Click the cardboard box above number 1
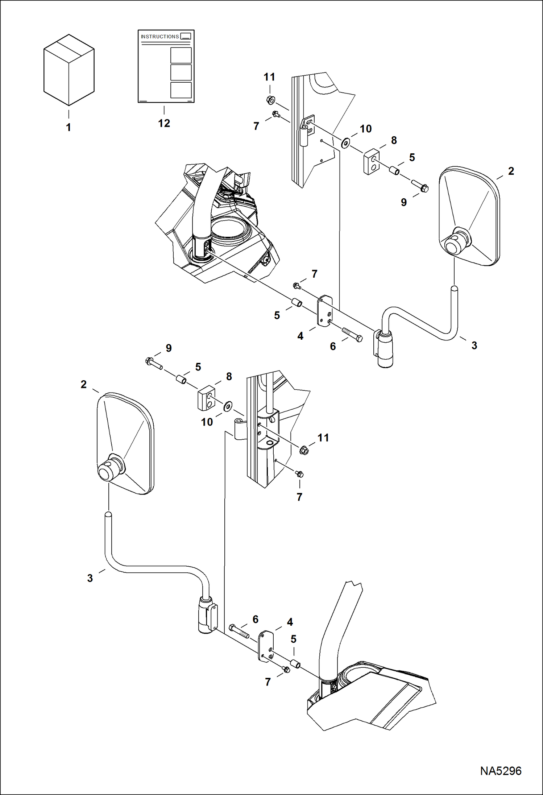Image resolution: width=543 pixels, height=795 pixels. [69, 70]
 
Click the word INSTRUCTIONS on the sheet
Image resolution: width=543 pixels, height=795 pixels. [159, 37]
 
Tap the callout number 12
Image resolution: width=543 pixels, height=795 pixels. [164, 123]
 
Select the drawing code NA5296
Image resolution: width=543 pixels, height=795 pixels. [501, 771]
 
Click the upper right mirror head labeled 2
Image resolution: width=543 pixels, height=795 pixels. [469, 216]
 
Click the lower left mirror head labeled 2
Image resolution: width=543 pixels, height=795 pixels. [125, 443]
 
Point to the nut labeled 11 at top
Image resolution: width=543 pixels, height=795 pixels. [270, 100]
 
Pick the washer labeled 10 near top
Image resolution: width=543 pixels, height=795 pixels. [346, 143]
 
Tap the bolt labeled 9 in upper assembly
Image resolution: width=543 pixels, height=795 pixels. [420, 185]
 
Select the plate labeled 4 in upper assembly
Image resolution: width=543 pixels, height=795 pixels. [325, 311]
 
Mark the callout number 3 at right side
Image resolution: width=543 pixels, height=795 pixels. [474, 345]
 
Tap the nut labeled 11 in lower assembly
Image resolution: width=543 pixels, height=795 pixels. [304, 451]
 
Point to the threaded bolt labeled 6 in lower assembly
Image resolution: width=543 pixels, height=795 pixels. [239, 631]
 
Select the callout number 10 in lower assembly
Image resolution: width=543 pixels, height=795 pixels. [207, 422]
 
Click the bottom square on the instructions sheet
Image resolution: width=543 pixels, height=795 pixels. [181, 90]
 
